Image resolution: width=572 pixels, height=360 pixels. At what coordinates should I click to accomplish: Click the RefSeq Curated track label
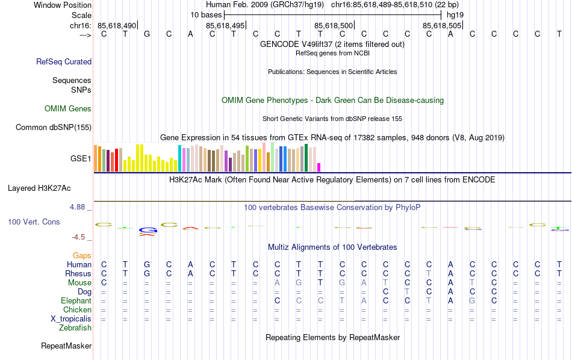[64, 61]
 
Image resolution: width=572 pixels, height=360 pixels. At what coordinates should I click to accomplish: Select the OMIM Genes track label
[68, 109]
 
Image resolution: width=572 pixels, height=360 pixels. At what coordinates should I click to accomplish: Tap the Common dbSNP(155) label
[54, 127]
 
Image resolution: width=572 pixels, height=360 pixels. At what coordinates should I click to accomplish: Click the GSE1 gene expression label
[81, 159]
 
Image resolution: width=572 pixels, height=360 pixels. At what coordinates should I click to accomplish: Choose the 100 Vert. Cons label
[34, 222]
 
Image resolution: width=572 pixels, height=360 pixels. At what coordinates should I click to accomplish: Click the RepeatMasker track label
[66, 346]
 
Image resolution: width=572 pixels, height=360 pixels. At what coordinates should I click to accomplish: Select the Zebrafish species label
[75, 328]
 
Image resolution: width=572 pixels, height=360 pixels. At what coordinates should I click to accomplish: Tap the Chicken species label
[77, 310]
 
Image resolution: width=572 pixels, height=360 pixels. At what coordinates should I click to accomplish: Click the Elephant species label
[76, 301]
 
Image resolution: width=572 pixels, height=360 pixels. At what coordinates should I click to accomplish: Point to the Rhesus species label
[78, 274]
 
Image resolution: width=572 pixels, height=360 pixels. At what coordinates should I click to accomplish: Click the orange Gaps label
[82, 256]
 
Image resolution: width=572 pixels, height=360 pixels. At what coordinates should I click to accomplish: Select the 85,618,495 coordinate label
[225, 25]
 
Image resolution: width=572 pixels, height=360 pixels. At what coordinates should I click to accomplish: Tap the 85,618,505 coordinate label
[442, 25]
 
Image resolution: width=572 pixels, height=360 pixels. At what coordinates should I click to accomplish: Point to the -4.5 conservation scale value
[79, 237]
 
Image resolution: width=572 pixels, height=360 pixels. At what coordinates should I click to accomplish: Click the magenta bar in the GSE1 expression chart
[319, 167]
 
